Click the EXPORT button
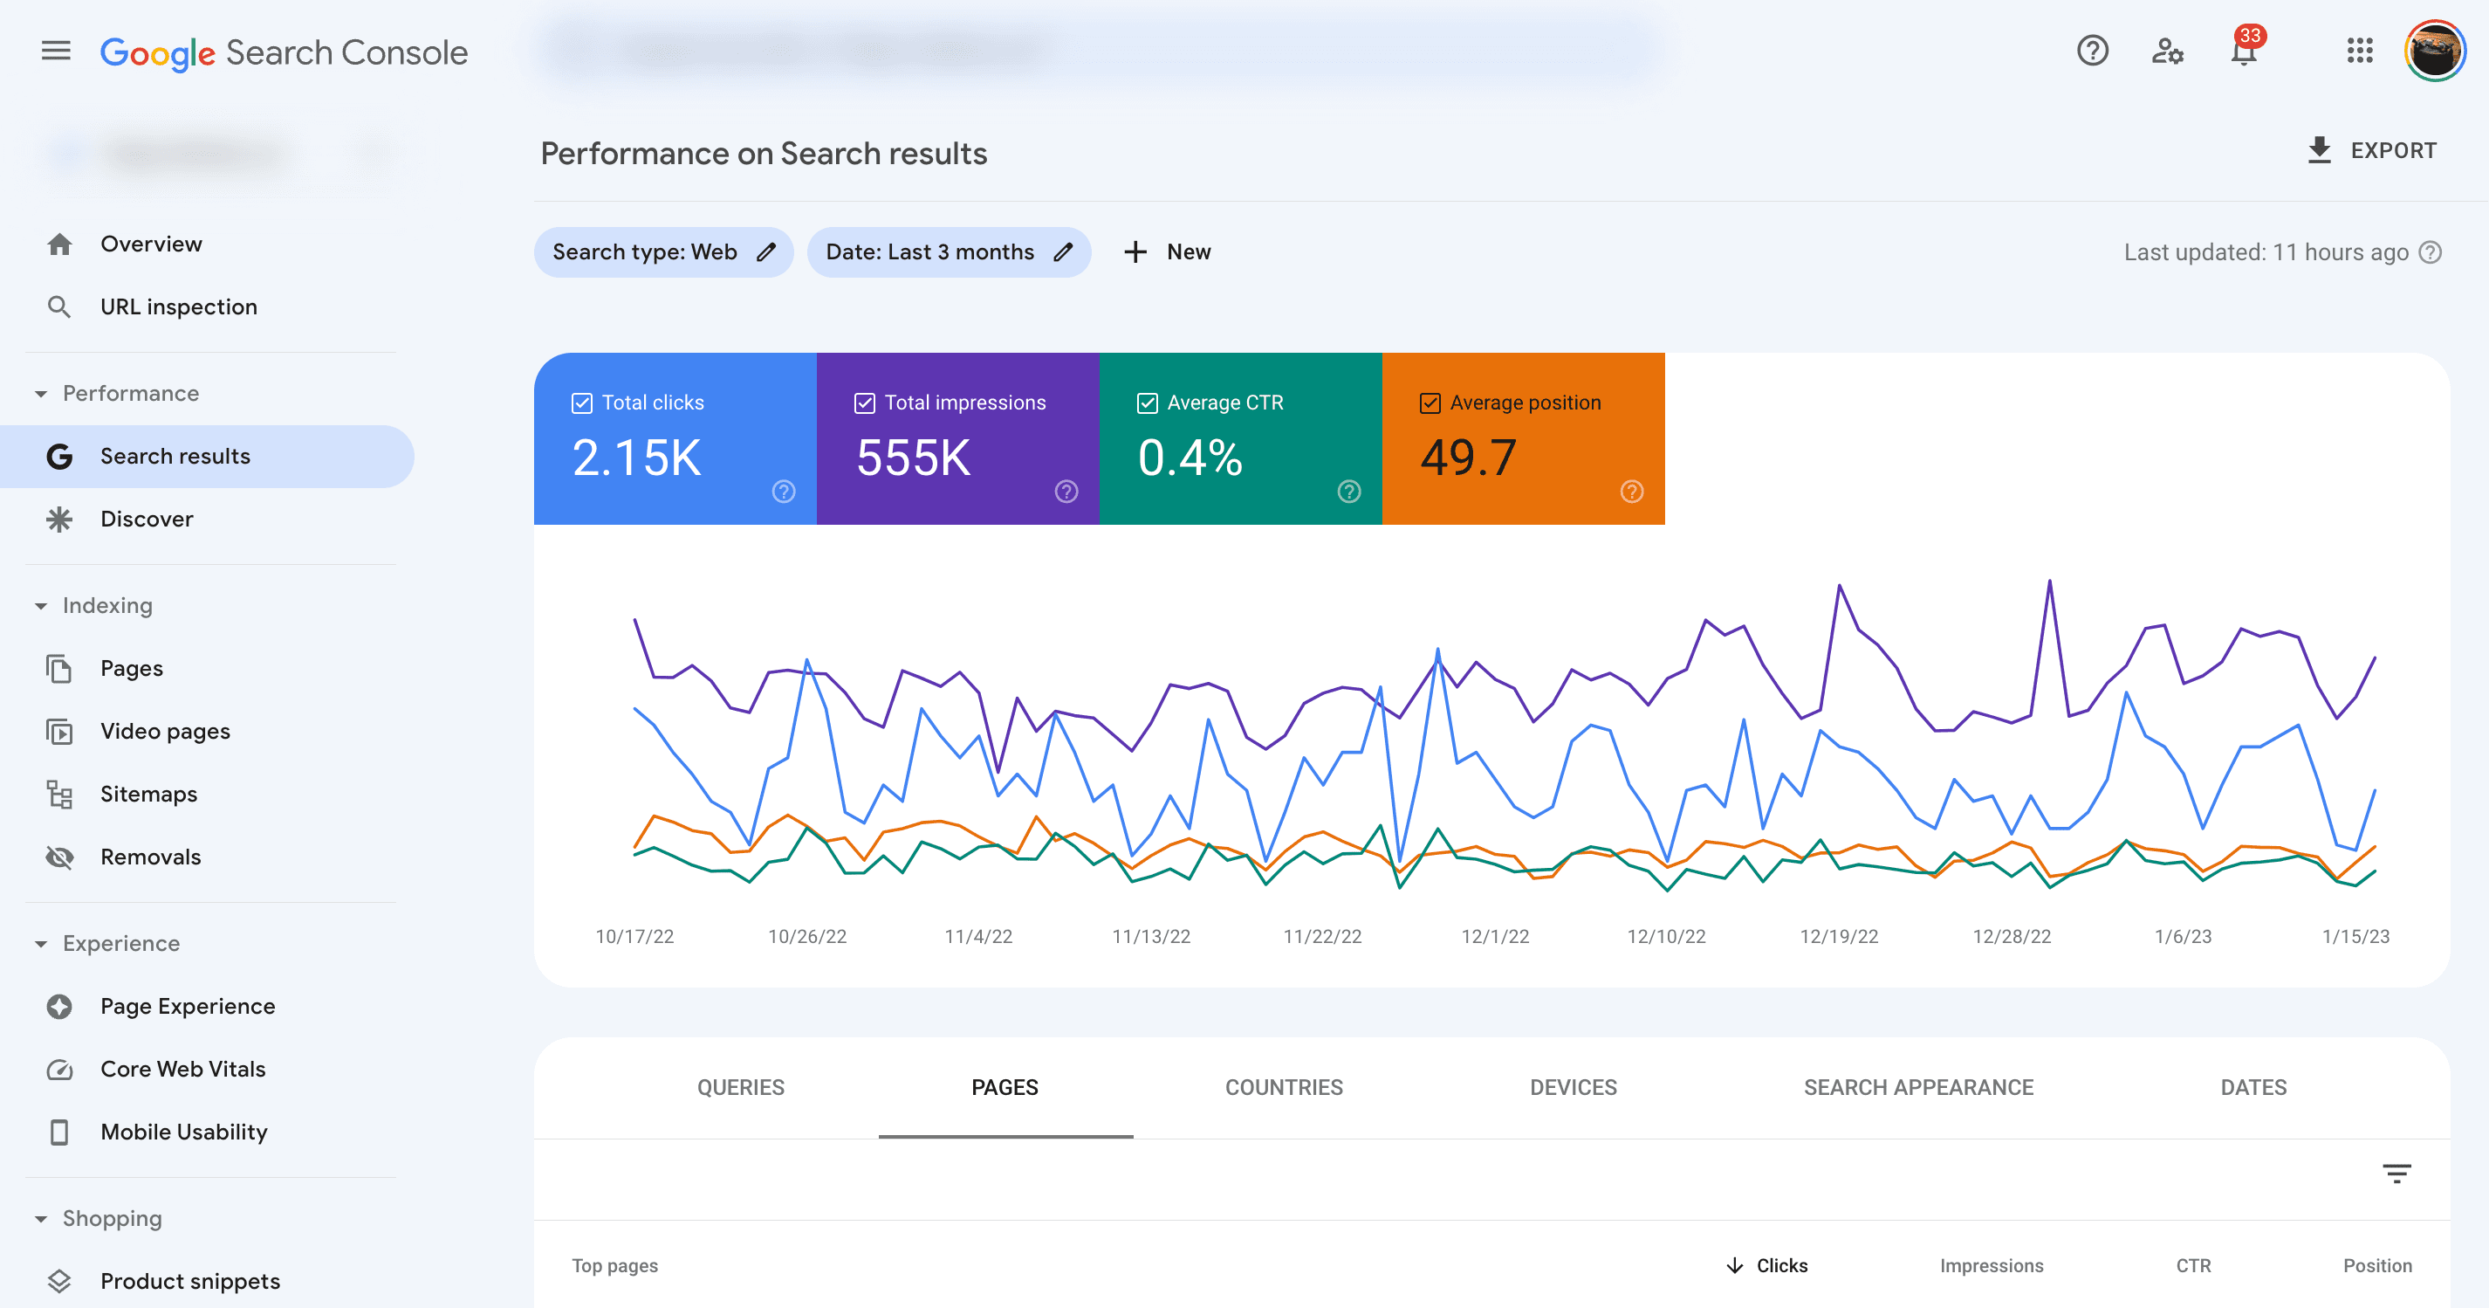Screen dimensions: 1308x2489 2372,151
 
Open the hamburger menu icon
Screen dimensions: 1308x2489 56,51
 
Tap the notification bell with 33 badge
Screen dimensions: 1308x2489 2244,51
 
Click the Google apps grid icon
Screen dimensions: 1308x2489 2360,51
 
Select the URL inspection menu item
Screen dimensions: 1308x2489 178,306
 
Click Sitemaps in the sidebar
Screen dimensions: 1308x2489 147,794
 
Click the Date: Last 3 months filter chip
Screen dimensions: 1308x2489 947,252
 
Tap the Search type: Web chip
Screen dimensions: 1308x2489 663,252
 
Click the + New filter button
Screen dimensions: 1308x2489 1167,252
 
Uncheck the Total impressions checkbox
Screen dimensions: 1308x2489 865,403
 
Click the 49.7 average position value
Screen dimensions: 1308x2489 1468,458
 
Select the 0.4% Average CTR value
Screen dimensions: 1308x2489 1190,458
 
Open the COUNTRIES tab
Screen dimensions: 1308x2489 1283,1088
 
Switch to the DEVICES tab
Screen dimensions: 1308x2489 1572,1088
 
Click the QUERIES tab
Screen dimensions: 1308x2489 740,1088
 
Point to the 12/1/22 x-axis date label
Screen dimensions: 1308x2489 1494,936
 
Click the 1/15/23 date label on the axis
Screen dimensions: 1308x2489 2355,936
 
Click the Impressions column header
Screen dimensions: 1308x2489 1991,1265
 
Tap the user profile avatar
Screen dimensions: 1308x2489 2434,51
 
